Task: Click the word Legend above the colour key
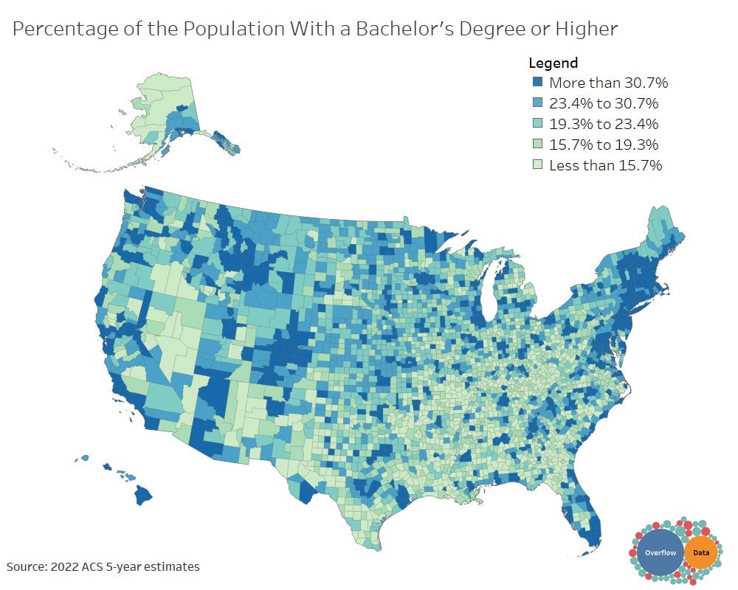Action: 553,63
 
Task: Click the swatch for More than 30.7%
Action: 537,83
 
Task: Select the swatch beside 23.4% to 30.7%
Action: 537,103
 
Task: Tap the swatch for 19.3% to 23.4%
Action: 537,124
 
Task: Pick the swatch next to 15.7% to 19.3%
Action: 537,145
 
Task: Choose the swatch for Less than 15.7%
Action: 537,165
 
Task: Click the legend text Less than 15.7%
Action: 605,165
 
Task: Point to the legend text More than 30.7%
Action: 608,83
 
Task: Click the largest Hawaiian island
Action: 143,496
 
